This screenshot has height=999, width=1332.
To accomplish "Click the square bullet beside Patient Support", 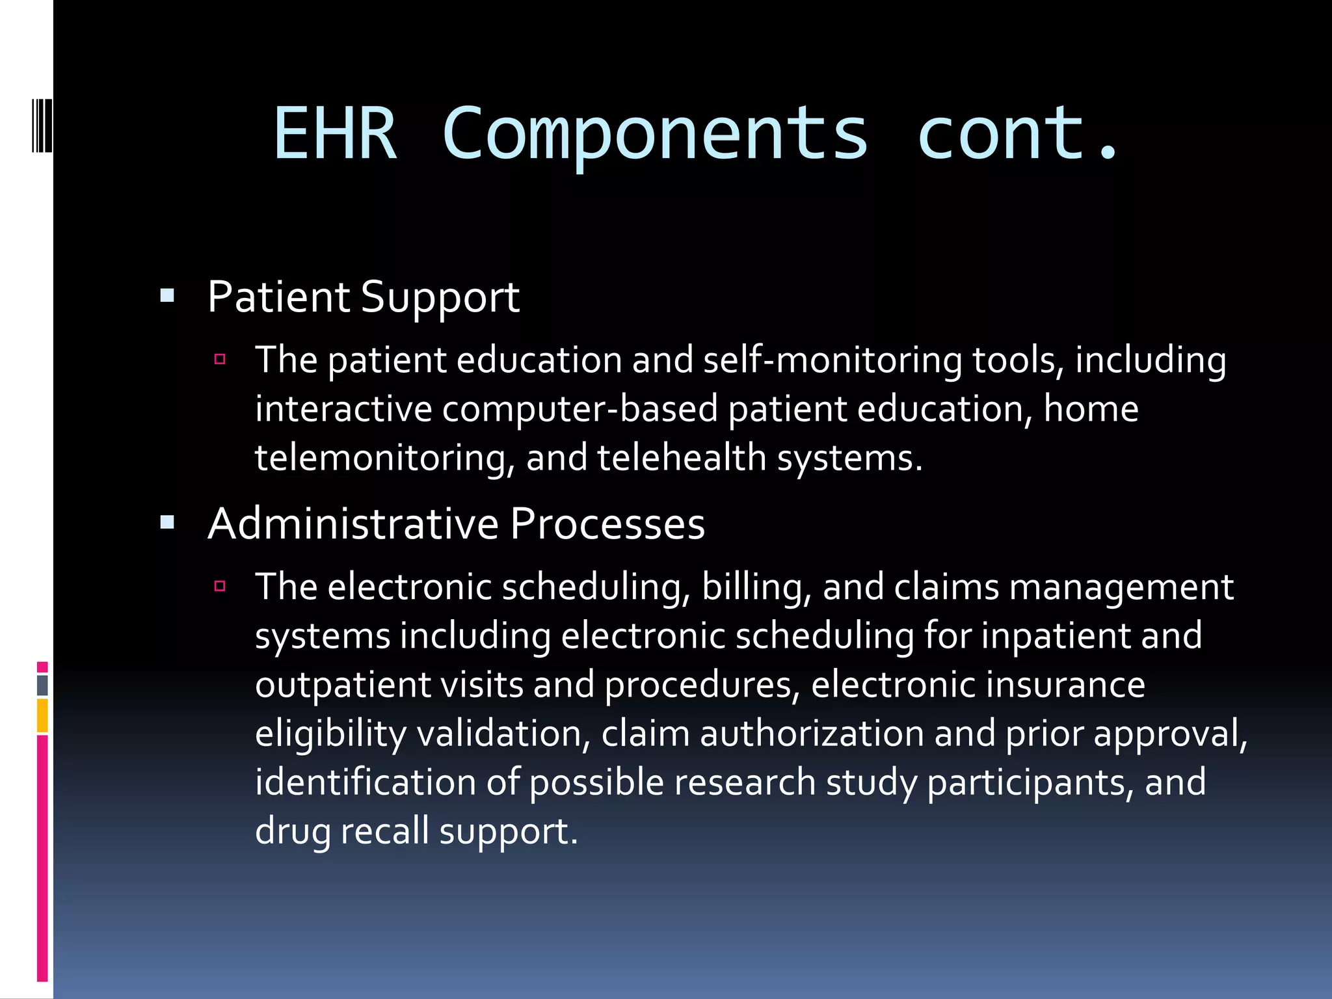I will pyautogui.click(x=167, y=297).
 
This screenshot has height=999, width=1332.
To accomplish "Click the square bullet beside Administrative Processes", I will pyautogui.click(x=167, y=522).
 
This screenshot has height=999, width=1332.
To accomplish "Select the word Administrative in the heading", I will pyautogui.click(x=353, y=524).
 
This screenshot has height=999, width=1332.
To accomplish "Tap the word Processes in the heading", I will pyautogui.click(x=607, y=524).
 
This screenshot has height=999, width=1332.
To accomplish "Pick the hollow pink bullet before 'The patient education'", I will pyautogui.click(x=220, y=359).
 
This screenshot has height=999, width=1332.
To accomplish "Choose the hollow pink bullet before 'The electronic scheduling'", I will pyautogui.click(x=220, y=586).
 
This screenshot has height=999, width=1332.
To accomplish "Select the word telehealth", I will pyautogui.click(x=682, y=457).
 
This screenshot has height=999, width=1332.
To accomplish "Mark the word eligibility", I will pyautogui.click(x=330, y=734).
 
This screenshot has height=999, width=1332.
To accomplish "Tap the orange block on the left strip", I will pyautogui.click(x=42, y=715).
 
